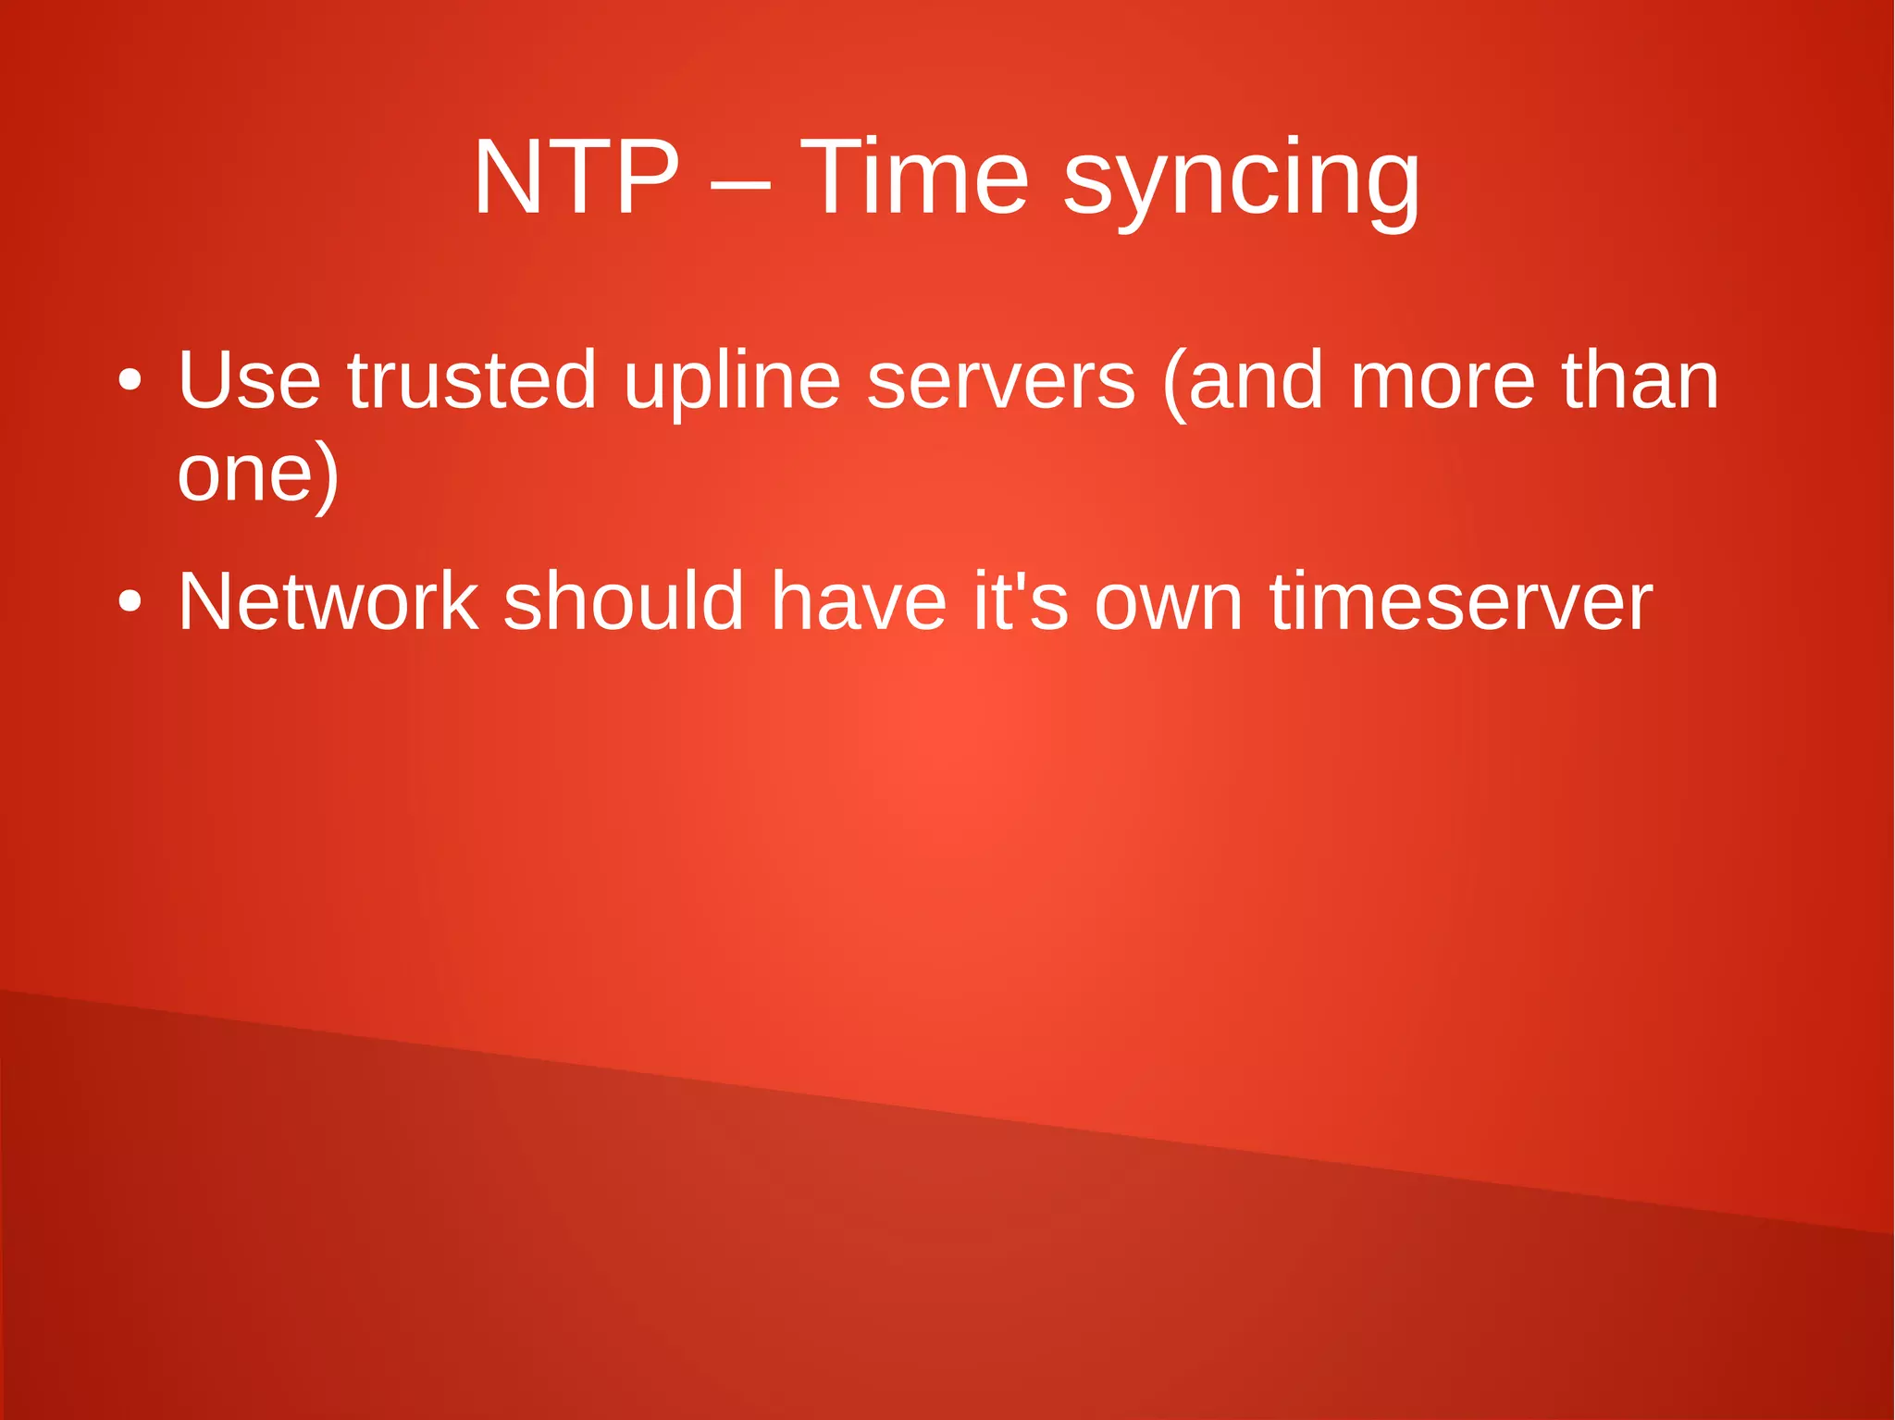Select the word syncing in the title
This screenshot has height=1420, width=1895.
click(x=1241, y=180)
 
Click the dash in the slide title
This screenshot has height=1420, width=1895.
click(x=739, y=181)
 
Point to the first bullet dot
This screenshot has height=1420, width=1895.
click(x=130, y=381)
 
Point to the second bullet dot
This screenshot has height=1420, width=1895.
click(x=130, y=603)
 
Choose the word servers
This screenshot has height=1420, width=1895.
click(x=1001, y=381)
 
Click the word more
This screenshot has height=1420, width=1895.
click(x=1443, y=381)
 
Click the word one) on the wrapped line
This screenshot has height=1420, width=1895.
click(x=258, y=474)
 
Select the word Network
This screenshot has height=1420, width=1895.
click(x=328, y=601)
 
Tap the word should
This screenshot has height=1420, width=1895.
click(x=624, y=601)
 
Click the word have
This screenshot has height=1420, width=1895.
click(x=859, y=601)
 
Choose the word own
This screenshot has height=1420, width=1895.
click(x=1169, y=603)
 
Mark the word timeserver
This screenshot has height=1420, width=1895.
click(x=1460, y=601)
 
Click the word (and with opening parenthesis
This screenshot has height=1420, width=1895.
click(x=1243, y=381)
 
